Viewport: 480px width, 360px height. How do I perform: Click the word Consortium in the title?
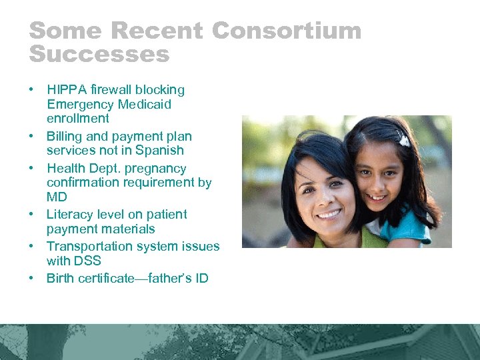[x=287, y=31]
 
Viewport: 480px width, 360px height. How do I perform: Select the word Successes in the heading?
[x=99, y=54]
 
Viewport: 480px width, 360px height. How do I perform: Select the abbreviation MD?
[x=57, y=197]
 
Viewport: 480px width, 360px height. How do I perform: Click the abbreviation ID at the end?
[x=201, y=278]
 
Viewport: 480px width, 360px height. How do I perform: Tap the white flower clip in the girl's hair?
[x=403, y=140]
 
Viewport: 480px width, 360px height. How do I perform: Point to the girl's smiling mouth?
[x=377, y=198]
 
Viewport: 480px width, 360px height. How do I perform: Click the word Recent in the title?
[x=159, y=31]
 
